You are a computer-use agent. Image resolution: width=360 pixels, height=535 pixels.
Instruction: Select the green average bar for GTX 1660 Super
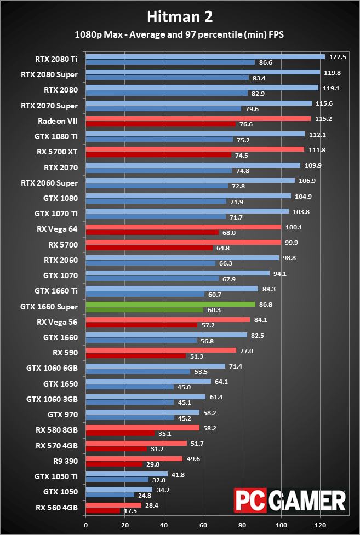click(x=170, y=304)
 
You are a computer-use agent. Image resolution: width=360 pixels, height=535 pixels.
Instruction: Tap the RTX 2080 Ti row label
click(x=57, y=60)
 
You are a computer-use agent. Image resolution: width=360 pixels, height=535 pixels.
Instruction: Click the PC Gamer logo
click(x=290, y=500)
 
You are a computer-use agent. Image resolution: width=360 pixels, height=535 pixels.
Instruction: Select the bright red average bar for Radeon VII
click(x=198, y=118)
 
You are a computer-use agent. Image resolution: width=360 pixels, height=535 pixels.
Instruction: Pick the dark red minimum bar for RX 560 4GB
click(x=102, y=511)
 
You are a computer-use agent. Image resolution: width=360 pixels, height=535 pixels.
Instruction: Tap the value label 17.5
click(x=130, y=511)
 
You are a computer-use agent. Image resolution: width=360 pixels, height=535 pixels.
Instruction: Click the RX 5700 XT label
click(x=58, y=152)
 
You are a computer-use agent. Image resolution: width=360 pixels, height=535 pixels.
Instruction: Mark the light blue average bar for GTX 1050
click(x=119, y=489)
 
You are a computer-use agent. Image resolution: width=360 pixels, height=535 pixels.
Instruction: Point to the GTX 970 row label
click(x=62, y=414)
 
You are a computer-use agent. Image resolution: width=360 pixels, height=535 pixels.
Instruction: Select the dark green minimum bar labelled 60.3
click(x=145, y=309)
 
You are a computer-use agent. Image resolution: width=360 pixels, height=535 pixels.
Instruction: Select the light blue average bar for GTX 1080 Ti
click(x=195, y=134)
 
